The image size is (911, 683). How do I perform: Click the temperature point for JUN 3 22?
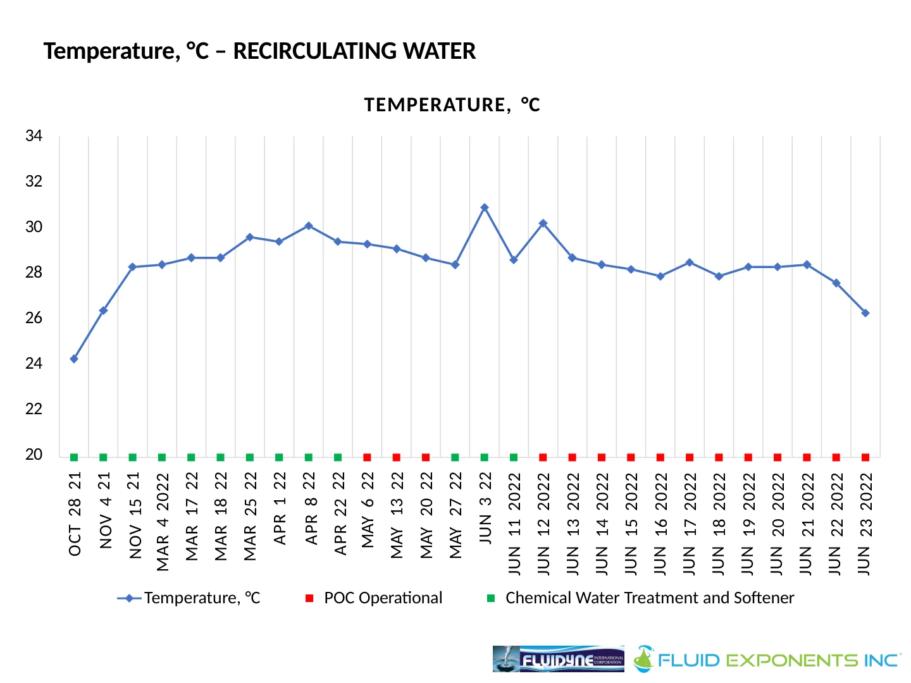point(485,207)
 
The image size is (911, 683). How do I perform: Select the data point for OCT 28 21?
point(74,359)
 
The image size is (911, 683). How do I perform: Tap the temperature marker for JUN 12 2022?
point(543,223)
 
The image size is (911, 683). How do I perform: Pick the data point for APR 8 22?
point(309,226)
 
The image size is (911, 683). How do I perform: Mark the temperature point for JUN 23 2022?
point(865,313)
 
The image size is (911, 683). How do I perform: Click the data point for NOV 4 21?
point(103,311)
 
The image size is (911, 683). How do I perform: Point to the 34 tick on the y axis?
point(34,136)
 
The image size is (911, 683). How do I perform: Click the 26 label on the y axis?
point(34,318)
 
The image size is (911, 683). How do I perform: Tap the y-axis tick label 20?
point(34,455)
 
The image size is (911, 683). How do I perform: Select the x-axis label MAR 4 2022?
point(163,522)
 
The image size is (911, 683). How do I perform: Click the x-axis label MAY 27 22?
point(455,515)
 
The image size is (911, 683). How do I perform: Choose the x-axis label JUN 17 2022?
point(690,524)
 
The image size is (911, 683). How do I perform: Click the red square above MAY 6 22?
point(367,457)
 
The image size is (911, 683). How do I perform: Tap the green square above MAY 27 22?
point(455,457)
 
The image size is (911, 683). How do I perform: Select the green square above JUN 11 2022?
point(514,457)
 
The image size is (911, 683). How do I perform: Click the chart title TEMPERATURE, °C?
point(452,105)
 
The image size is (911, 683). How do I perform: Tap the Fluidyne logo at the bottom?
point(558,659)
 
